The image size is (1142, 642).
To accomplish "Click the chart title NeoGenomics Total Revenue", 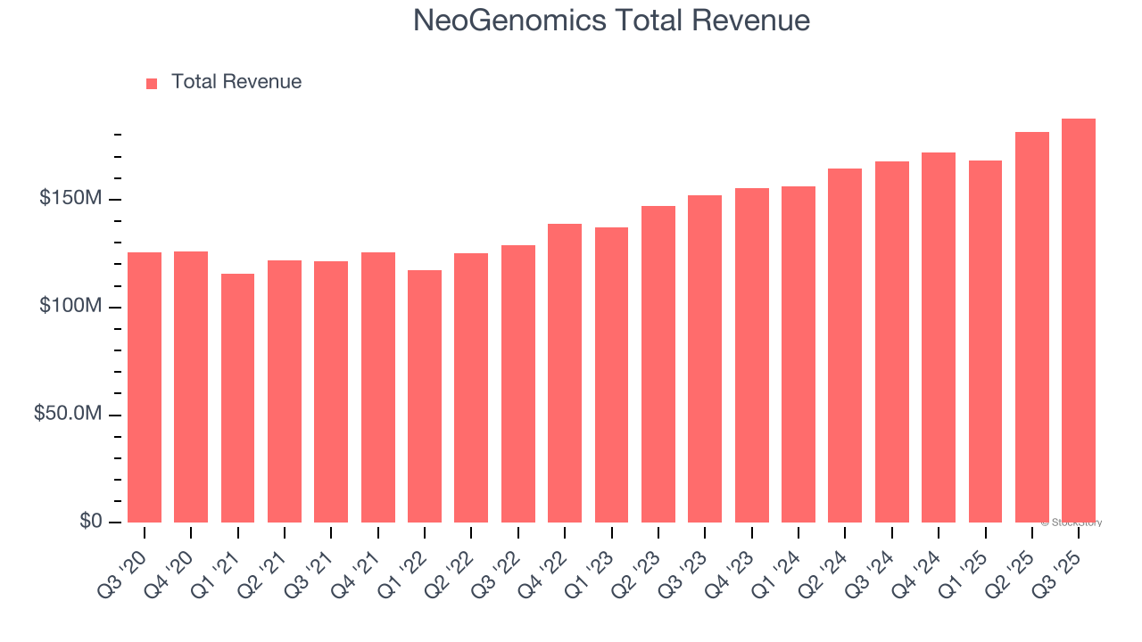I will [611, 21].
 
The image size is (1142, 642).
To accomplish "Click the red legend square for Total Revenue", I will [152, 83].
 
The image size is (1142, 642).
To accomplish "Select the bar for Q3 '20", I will [145, 387].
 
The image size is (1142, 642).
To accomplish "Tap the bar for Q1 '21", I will [237, 398].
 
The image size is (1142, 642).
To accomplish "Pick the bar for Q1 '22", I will [425, 396].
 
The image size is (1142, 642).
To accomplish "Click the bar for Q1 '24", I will [799, 354].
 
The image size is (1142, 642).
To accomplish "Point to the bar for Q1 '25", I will [985, 342].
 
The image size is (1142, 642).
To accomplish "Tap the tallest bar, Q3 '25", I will [1079, 320].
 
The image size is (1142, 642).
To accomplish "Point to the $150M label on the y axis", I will [70, 198].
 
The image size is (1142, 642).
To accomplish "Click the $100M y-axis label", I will [70, 307].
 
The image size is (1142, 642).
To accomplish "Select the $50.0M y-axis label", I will [67, 415].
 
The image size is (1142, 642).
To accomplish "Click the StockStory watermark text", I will [1072, 523].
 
